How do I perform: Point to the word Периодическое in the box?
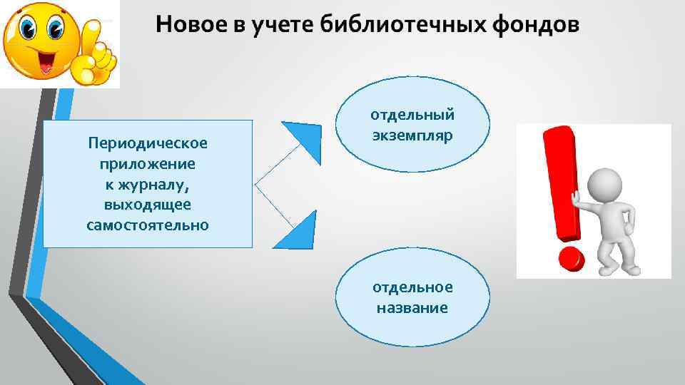(148, 143)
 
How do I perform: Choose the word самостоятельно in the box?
(148, 225)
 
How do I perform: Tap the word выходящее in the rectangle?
(148, 205)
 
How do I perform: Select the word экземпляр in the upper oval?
(412, 135)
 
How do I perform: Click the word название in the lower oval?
(412, 308)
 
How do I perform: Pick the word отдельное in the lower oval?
(412, 287)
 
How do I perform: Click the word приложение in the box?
(148, 164)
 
